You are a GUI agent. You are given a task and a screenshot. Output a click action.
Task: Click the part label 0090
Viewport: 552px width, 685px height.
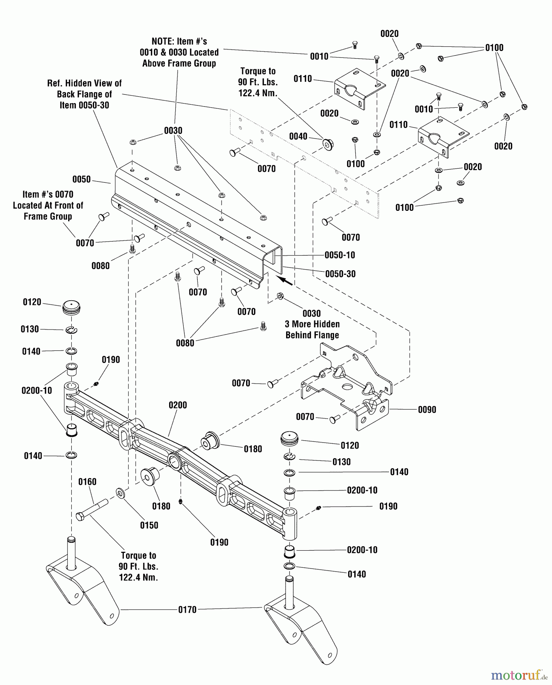[427, 410]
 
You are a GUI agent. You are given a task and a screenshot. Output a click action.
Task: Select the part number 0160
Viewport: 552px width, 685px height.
[87, 482]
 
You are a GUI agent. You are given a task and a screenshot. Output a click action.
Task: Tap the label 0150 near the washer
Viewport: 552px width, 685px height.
[149, 525]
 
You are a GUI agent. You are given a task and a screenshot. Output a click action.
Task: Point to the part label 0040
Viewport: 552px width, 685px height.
[298, 137]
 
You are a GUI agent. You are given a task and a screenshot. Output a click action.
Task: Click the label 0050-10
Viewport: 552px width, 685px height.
[340, 255]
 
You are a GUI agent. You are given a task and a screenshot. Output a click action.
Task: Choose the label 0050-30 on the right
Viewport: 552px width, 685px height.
[340, 274]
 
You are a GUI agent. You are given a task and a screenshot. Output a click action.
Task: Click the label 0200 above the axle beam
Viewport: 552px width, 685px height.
[178, 405]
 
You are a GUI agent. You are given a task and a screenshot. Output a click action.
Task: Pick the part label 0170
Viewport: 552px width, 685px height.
[187, 610]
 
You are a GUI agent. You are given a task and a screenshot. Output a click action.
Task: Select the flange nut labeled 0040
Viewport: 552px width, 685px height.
[327, 144]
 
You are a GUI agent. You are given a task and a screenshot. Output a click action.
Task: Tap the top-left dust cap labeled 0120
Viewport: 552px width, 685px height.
[72, 306]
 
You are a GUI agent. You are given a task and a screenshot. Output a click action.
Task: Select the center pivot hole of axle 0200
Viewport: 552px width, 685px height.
[175, 462]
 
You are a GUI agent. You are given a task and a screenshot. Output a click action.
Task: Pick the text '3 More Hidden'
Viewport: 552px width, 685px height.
[312, 324]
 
